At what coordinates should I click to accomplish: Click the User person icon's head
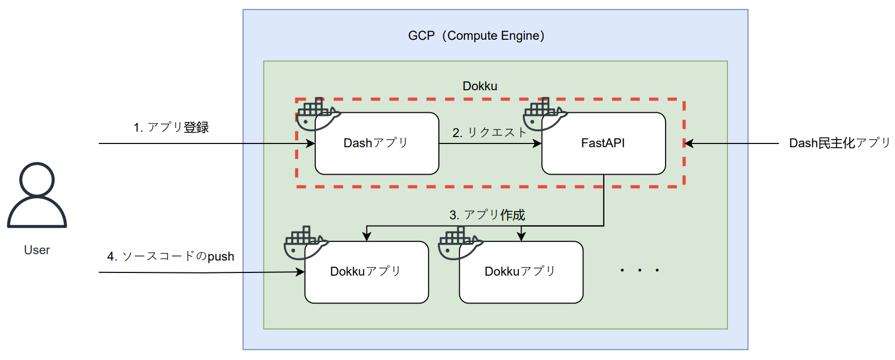pos(37,179)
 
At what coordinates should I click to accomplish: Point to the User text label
pos(37,250)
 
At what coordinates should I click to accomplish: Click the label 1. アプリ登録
pos(171,127)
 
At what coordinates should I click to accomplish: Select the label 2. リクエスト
pos(489,132)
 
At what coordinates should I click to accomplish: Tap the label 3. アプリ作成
pos(487,215)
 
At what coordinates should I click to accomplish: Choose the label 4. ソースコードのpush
pos(171,256)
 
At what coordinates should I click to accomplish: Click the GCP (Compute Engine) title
pos(476,35)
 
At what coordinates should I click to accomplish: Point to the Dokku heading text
pos(480,86)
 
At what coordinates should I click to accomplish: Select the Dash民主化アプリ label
pos(839,143)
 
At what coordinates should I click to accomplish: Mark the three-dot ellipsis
pos(639,270)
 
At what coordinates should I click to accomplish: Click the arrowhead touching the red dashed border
pos(689,143)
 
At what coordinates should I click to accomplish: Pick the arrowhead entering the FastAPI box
pos(537,143)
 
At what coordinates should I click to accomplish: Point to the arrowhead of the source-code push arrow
pos(301,272)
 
